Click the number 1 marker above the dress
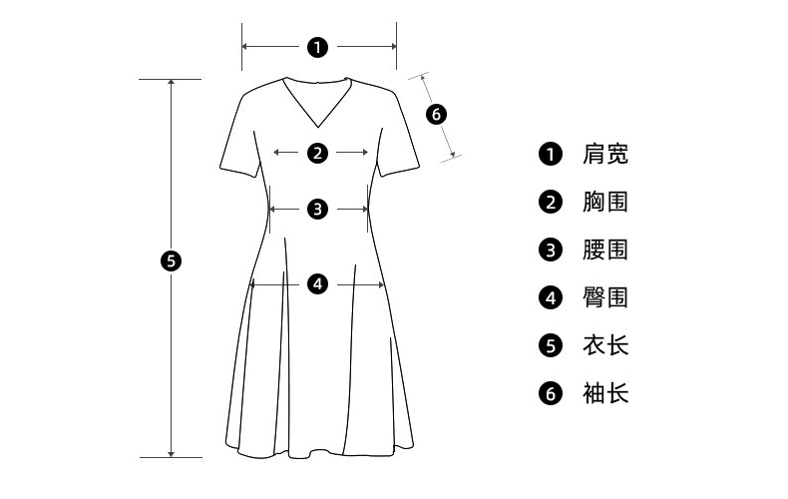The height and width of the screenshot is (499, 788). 317,46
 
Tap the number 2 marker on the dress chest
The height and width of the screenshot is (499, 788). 317,153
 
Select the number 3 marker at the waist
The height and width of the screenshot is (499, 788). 317,210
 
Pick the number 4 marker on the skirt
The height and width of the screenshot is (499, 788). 317,284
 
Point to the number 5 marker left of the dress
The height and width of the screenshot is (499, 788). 171,261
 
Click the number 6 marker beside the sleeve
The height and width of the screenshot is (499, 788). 436,114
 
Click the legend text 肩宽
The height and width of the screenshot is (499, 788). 605,154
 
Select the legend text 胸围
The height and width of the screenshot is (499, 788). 605,202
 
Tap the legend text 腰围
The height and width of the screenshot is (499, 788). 605,249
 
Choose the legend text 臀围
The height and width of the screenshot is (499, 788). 605,297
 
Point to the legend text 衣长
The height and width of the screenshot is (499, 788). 605,345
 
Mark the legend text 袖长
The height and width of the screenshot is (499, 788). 605,393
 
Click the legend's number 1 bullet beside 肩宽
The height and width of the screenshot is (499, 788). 551,154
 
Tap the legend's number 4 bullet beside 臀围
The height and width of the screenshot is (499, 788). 551,297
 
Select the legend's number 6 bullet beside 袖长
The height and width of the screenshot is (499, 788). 551,393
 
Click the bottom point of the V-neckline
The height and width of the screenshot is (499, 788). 317,129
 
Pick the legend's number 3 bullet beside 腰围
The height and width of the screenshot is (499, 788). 551,249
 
